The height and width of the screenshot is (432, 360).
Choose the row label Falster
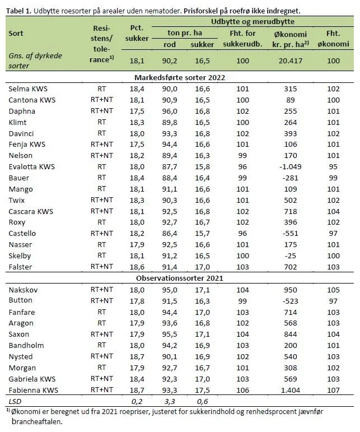[x=20, y=267]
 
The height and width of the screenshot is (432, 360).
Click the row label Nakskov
[x=24, y=290]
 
